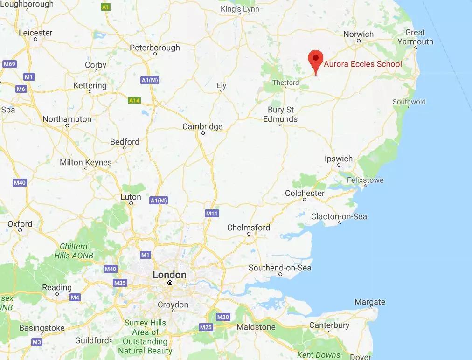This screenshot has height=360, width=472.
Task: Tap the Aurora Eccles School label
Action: [x=362, y=64]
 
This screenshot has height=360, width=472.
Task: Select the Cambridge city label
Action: [x=202, y=126]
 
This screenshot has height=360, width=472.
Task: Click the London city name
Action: [x=169, y=275]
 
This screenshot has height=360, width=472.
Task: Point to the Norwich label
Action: [x=358, y=34]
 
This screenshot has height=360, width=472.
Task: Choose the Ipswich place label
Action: [x=339, y=159]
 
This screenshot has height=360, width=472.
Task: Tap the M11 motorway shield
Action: [x=212, y=213]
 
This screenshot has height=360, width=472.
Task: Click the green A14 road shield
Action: [x=134, y=100]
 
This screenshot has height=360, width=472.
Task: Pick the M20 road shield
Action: [x=223, y=317]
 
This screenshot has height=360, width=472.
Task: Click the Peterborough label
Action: [x=154, y=48]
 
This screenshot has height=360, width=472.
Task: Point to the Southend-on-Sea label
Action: [x=280, y=268]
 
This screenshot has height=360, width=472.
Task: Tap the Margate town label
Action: [x=370, y=302]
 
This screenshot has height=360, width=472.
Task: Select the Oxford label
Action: [x=20, y=224]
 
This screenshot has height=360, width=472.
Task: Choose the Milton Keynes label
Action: [x=86, y=162]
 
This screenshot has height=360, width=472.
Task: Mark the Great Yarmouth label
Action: [x=415, y=37]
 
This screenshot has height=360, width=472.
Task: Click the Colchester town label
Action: [x=305, y=193]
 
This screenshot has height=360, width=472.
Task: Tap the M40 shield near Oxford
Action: [x=20, y=183]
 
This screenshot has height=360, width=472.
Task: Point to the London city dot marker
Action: [x=170, y=283]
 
